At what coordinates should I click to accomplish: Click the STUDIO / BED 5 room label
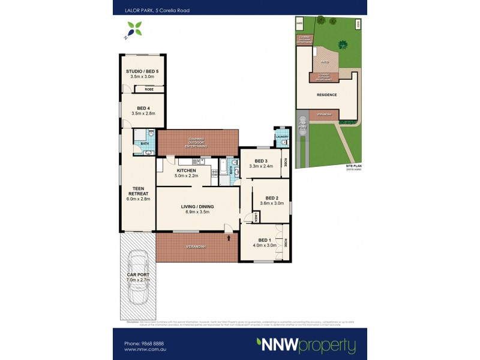(142, 71)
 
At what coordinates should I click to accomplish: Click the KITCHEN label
(185, 170)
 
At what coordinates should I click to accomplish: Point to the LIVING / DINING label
(197, 207)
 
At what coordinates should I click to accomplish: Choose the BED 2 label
(272, 198)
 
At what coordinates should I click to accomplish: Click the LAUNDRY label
(282, 136)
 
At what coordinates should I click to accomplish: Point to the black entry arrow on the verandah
(229, 239)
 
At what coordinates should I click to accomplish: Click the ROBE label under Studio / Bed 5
(148, 89)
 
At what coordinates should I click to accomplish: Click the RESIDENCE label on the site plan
(326, 95)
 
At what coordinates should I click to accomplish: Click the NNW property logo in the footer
(306, 345)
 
